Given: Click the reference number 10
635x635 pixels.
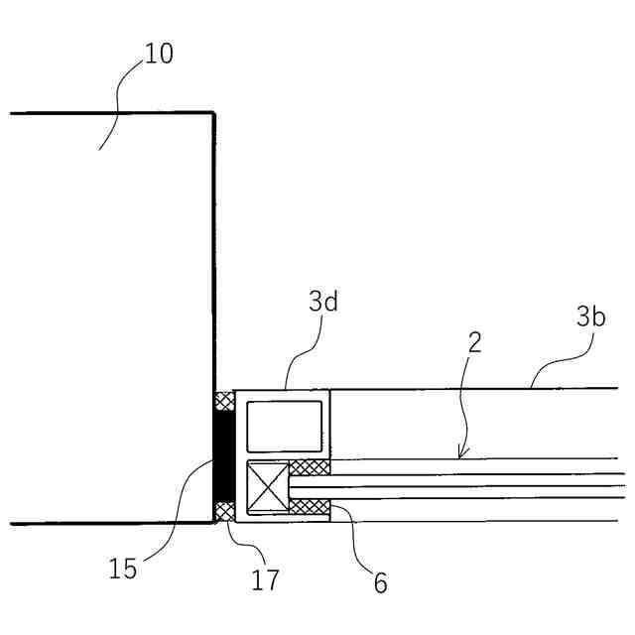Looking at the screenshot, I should [x=158, y=54].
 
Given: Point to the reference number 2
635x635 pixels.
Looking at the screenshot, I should [x=474, y=344].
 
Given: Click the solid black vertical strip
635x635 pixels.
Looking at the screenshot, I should [x=225, y=457].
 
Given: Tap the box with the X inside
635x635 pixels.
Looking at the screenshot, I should [x=266, y=488].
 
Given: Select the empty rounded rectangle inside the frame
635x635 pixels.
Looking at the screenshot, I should [x=284, y=427].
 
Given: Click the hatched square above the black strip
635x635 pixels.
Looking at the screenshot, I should [x=225, y=402].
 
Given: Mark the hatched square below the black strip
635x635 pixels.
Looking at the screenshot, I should [x=225, y=512].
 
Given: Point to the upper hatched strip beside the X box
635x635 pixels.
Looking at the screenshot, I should [x=309, y=468].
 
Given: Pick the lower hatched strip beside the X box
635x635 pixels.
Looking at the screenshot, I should [x=309, y=507].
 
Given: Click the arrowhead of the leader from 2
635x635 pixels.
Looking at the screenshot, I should [x=460, y=453].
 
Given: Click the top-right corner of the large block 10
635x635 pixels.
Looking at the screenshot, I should [x=213, y=113].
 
